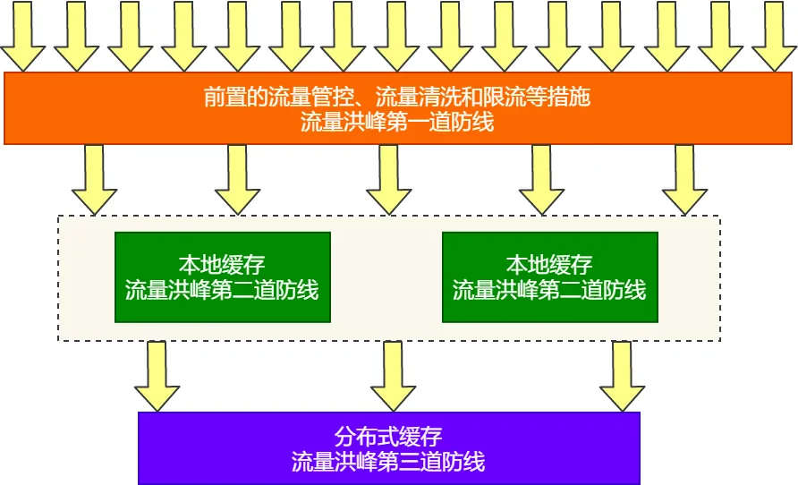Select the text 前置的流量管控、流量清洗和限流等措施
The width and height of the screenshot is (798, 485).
397,97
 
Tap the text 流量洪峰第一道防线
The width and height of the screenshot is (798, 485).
397,123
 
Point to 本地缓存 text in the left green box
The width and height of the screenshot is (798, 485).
222,264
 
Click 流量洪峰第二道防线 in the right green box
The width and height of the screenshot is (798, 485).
549,290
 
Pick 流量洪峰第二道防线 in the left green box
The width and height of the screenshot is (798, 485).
222,290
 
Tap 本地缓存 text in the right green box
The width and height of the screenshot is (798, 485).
549,264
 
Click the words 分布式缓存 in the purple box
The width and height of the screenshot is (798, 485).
388,437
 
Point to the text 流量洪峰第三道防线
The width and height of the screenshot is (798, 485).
388,463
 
